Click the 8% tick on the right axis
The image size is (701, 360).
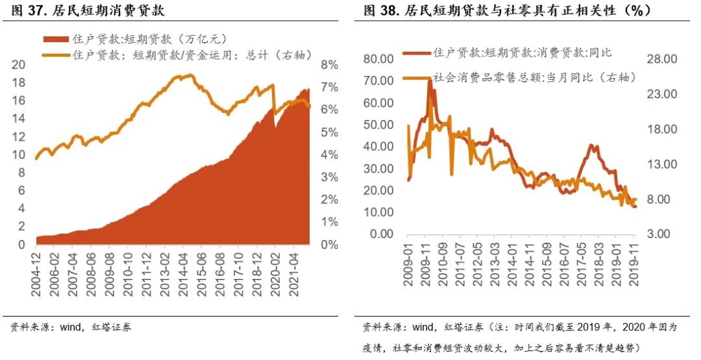click(x=330, y=64)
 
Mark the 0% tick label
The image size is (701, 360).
click(x=330, y=245)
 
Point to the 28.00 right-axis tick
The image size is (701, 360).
click(x=662, y=59)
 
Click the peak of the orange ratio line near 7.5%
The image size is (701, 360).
click(x=189, y=75)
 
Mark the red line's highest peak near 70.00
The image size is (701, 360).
click(x=429, y=80)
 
